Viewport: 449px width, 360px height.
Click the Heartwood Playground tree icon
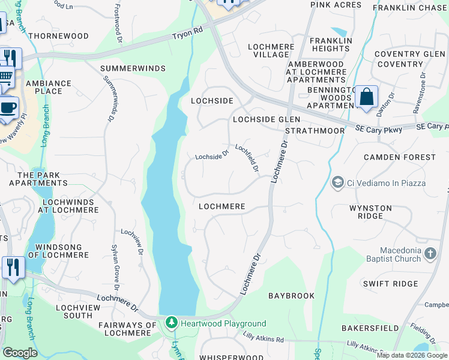click(x=172, y=323)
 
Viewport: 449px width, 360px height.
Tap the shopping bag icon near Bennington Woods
click(x=366, y=97)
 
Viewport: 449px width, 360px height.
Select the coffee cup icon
click(x=8, y=107)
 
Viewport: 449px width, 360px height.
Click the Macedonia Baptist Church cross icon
click(x=430, y=254)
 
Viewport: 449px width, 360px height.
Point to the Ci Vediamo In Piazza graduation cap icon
click(x=337, y=182)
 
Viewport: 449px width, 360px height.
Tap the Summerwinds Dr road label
click(x=109, y=99)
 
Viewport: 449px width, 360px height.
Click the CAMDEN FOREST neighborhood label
click(x=400, y=157)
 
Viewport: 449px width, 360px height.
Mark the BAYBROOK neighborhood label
click(x=291, y=296)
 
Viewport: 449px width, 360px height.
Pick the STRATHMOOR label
click(x=315, y=130)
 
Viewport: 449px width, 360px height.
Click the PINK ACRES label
click(x=336, y=5)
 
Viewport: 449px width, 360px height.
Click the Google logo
click(x=20, y=353)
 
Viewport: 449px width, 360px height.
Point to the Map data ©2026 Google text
click(x=412, y=355)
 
